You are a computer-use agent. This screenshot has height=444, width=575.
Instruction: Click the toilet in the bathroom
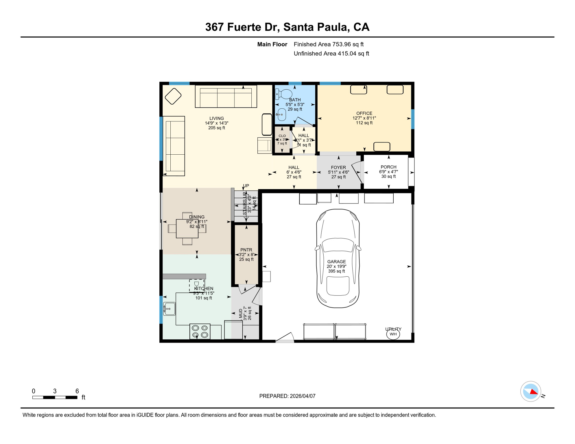[x=284, y=94]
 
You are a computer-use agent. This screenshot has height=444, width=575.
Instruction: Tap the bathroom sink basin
[x=281, y=114]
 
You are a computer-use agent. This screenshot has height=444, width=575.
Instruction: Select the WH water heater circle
[x=393, y=334]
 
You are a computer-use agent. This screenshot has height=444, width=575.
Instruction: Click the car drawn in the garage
[x=338, y=258]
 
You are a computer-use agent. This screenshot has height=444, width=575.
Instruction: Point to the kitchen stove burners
[x=200, y=331]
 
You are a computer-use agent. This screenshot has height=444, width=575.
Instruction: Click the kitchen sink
[x=169, y=309]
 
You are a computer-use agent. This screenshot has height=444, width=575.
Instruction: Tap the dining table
[x=187, y=228]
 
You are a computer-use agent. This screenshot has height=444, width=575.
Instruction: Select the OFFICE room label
[x=364, y=113]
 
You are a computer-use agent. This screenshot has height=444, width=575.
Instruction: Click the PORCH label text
[x=388, y=167]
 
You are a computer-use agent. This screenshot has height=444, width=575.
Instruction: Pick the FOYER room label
[x=338, y=168]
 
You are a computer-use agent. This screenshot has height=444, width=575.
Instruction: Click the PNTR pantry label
[x=246, y=250]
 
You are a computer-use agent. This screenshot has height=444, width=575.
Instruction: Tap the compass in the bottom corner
[x=530, y=391]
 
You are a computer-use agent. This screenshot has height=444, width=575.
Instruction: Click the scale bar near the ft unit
[x=55, y=397]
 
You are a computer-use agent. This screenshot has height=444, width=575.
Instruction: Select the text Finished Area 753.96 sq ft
[x=329, y=44]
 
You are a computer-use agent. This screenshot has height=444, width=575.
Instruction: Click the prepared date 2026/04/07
[x=287, y=396]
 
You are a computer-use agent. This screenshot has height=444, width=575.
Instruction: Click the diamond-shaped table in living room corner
[x=173, y=96]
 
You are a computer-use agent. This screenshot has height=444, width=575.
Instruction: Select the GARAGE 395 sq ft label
[x=336, y=266]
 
